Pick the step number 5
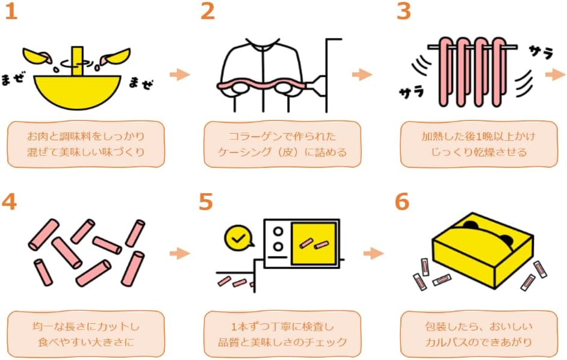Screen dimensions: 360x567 [206, 202]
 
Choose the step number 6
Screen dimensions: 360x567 [402, 202]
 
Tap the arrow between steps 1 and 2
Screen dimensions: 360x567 [179, 75]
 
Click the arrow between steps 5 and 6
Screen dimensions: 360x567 [374, 253]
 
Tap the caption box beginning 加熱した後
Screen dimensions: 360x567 [478, 144]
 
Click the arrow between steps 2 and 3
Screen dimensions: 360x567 [362, 75]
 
